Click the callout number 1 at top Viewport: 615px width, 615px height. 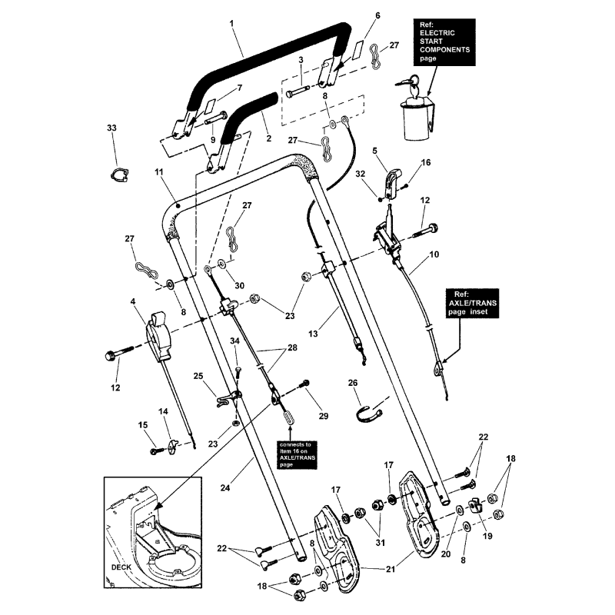[x=231, y=24]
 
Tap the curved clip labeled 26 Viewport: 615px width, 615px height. [x=372, y=413]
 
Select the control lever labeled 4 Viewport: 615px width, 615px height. [x=160, y=338]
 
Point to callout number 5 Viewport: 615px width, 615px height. [x=374, y=151]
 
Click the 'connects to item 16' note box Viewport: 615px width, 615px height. [x=291, y=453]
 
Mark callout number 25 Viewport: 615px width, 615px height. [x=198, y=376]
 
